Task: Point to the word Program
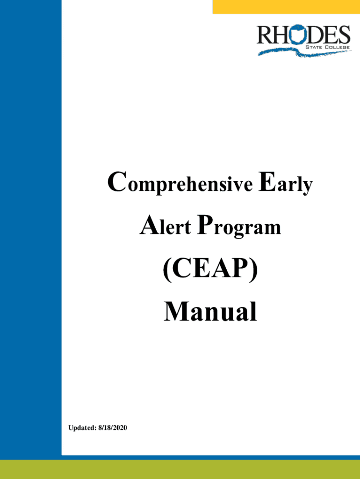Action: point(239,227)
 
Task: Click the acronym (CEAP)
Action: point(210,271)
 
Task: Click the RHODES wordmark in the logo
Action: point(303,35)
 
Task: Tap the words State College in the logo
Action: point(327,47)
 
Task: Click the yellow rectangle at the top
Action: point(286,7)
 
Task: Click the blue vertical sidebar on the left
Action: point(30,234)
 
